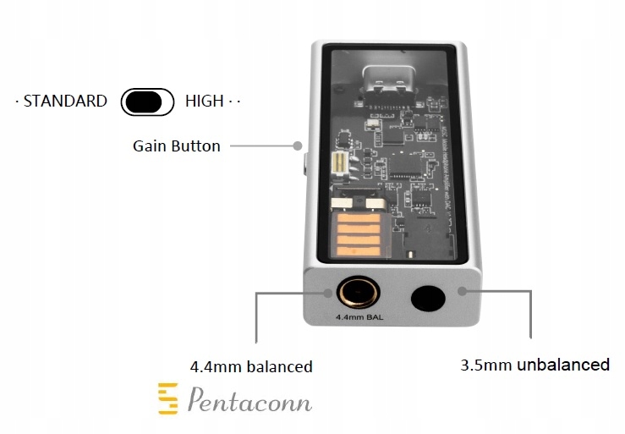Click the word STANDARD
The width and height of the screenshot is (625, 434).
65,102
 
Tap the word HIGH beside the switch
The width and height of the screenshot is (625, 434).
204,102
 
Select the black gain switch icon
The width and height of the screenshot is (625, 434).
147,102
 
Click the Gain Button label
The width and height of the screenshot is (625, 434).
176,146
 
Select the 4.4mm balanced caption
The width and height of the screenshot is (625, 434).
251,366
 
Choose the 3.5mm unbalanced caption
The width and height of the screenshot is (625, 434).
535,365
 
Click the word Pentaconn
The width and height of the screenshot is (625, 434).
249,400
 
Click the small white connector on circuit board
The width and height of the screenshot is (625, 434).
337,164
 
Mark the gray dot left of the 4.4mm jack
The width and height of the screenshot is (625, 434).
329,292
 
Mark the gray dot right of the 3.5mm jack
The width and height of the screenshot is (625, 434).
462,292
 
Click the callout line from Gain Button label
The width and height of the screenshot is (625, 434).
262,146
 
